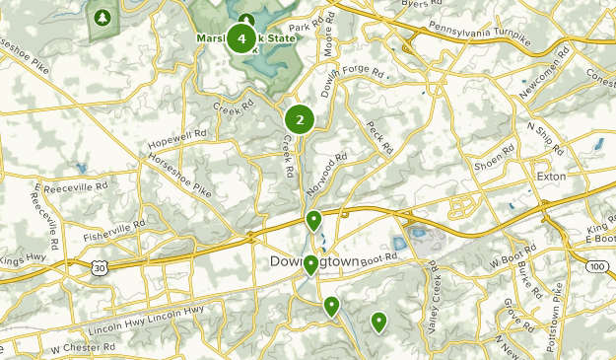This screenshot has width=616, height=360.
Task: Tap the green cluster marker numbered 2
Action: pyautogui.click(x=300, y=120)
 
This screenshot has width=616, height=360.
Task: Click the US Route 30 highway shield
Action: pyautogui.click(x=101, y=268)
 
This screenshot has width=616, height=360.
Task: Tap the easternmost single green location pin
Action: pyautogui.click(x=378, y=322)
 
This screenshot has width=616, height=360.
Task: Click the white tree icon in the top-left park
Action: pyautogui.click(x=102, y=18)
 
